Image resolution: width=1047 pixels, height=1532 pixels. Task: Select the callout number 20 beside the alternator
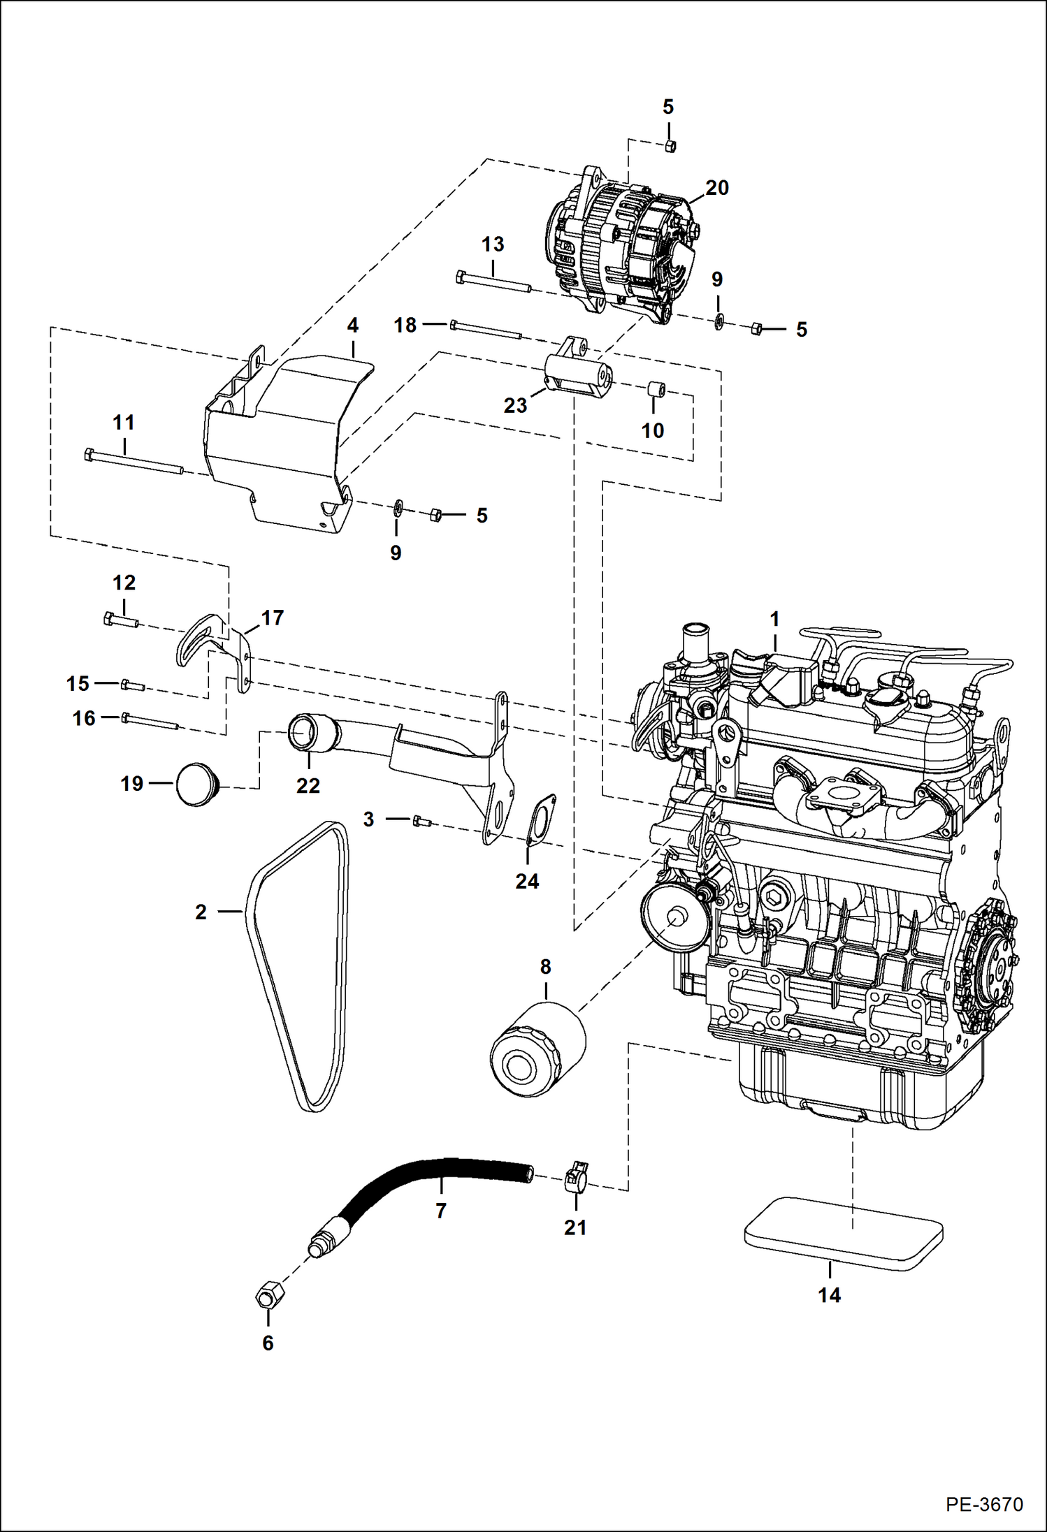[x=716, y=188]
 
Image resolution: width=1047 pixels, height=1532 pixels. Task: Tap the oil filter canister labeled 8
[x=537, y=1050]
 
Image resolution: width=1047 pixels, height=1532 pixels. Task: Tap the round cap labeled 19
[x=198, y=785]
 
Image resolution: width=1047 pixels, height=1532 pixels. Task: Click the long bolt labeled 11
[x=133, y=462]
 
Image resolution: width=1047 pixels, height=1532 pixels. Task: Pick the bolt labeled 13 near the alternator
[x=493, y=282]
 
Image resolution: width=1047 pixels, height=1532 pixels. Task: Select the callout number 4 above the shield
[x=353, y=325]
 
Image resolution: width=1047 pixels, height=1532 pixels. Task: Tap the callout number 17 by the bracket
[x=272, y=618]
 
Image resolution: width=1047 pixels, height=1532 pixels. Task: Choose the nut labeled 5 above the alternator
[x=669, y=145]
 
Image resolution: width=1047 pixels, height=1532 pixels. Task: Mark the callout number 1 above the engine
[x=774, y=619]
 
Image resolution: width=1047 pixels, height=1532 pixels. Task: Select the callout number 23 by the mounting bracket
[x=515, y=405]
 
